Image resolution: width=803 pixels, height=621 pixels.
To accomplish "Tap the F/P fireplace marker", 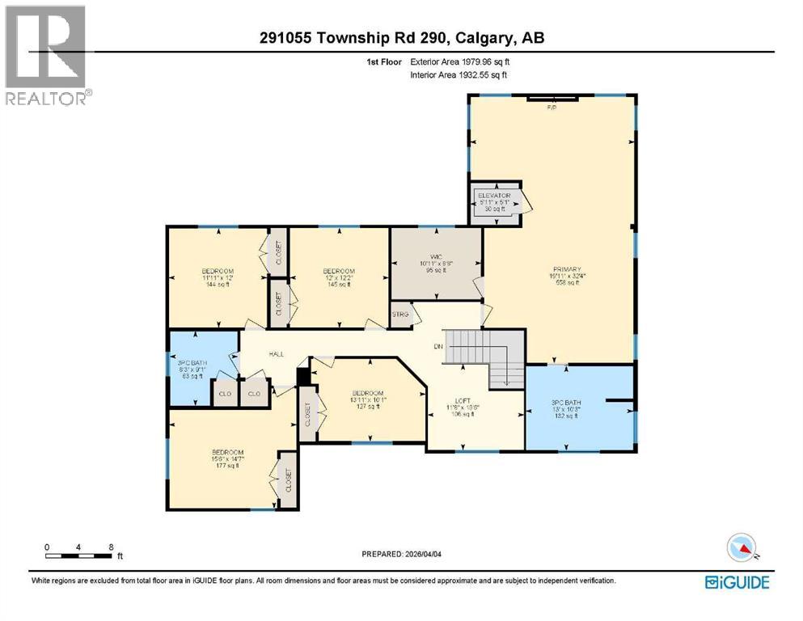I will click(x=552, y=107).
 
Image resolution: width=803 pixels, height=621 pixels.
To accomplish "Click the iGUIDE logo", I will click(x=736, y=581).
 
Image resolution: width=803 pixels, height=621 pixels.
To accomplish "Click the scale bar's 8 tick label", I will click(x=110, y=546).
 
